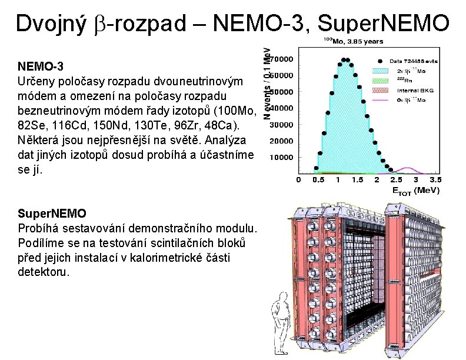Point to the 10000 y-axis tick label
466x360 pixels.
(281, 158)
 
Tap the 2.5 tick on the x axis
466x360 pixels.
(395, 179)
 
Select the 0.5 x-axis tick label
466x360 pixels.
(318, 179)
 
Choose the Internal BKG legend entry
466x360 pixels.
(412, 90)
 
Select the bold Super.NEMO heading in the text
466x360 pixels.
(52, 213)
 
